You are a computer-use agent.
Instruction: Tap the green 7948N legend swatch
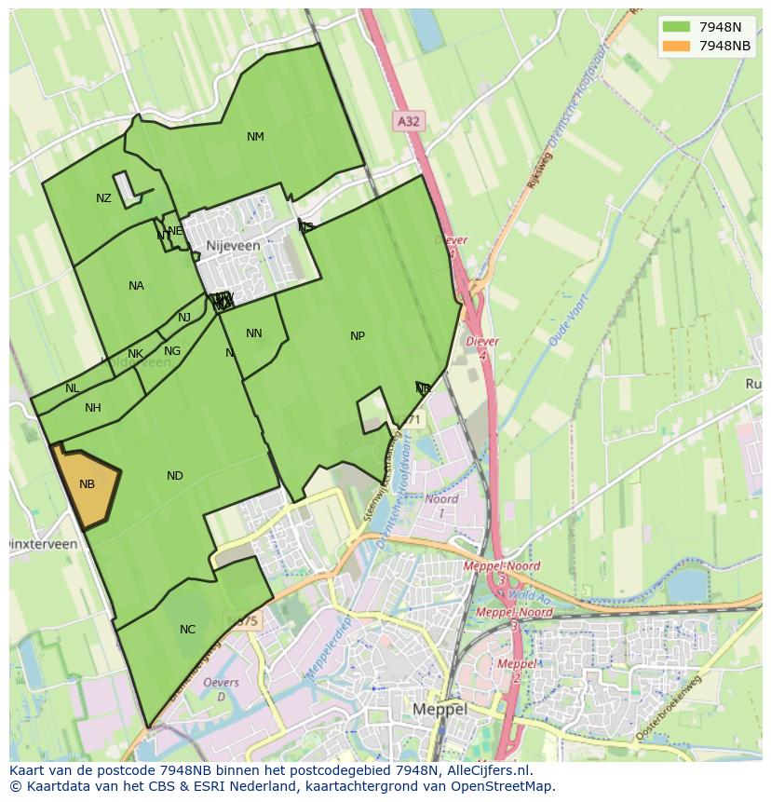point(677,26)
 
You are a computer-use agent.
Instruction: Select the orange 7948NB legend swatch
point(677,46)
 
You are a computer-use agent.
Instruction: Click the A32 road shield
point(408,120)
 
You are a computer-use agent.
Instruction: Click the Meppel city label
point(440,709)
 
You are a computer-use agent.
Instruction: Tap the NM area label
point(255,137)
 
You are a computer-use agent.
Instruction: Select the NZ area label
point(103,198)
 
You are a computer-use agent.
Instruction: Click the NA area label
point(136,286)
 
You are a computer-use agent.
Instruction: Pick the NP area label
point(358,336)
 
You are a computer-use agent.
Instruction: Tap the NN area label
point(254,333)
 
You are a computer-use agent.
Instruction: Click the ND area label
point(175,476)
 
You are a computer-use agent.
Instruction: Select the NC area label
point(187,630)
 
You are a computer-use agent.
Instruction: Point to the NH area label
point(92,408)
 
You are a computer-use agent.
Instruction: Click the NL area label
point(72,388)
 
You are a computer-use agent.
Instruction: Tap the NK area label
point(135,354)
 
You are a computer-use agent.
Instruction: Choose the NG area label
point(171,351)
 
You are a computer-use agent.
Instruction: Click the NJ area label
point(184,318)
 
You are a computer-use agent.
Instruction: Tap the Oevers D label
point(221,689)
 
